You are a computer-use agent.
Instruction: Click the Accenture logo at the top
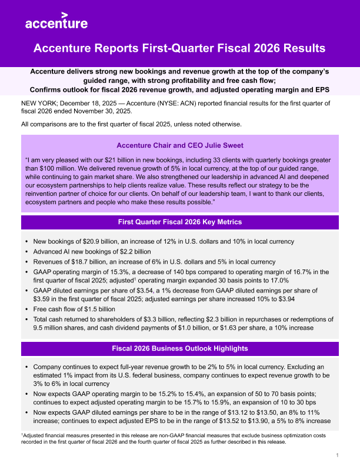pyautogui.click(x=56, y=22)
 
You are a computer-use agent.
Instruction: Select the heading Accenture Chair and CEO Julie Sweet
pyautogui.click(x=179, y=145)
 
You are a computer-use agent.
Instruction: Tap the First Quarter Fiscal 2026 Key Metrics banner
pyautogui.click(x=179, y=222)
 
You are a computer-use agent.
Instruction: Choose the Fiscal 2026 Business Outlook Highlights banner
pyautogui.click(x=179, y=349)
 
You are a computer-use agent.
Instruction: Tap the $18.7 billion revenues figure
pyautogui.click(x=91, y=262)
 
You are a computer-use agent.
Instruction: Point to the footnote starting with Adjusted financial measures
pyautogui.click(x=176, y=438)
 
